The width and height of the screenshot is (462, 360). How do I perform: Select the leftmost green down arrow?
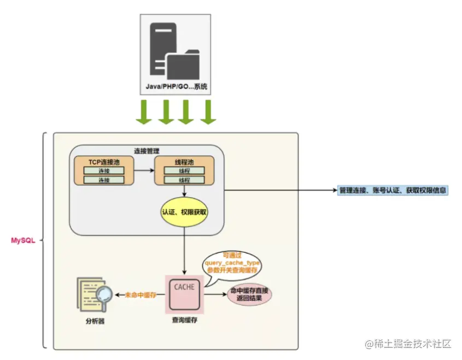[x=144, y=111]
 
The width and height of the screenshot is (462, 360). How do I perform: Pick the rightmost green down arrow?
[x=208, y=111]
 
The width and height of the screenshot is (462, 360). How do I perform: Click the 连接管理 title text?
[x=147, y=151]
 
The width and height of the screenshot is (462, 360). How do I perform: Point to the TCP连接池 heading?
[x=104, y=162]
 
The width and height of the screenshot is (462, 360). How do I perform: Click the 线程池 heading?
[x=184, y=162]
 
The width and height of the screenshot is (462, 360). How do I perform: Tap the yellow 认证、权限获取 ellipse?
[x=184, y=211]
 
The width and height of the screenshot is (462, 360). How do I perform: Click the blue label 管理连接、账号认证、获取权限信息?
[x=393, y=191]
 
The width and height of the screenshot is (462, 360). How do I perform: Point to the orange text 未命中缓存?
[x=141, y=295]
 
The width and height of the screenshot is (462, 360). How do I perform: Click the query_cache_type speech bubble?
[x=233, y=263]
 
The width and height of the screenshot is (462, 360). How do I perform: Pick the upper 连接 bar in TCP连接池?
[x=104, y=171]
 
